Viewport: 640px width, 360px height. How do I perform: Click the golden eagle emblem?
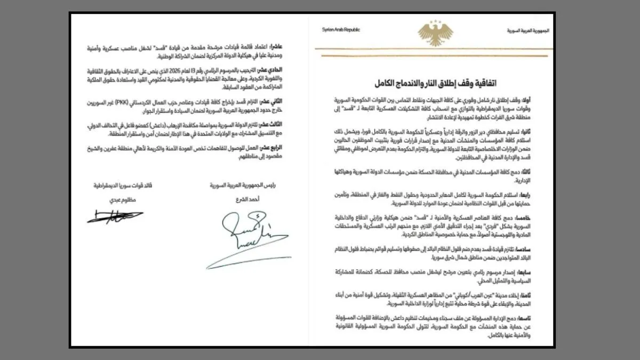(x=435, y=33)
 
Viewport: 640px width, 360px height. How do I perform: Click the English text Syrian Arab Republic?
(x=341, y=30)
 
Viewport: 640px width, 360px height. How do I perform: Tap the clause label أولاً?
(x=543, y=100)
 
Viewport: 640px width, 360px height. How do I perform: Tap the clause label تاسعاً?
(x=541, y=318)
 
